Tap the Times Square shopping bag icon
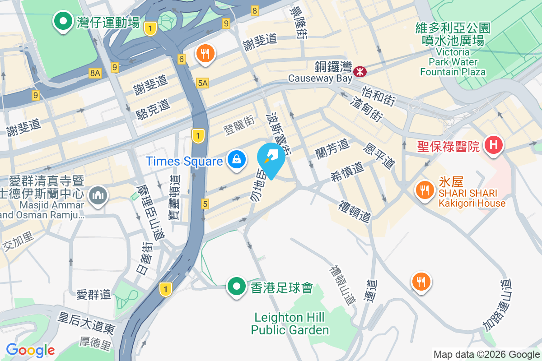(236, 159)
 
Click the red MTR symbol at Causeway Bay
(360, 71)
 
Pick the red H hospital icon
(493, 145)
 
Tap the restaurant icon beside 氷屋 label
(424, 190)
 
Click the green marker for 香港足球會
(236, 287)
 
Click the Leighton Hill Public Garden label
(290, 324)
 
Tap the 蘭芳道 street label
(332, 148)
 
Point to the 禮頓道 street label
(355, 212)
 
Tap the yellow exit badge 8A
(95, 73)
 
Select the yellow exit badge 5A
(203, 83)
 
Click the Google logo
(30, 350)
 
